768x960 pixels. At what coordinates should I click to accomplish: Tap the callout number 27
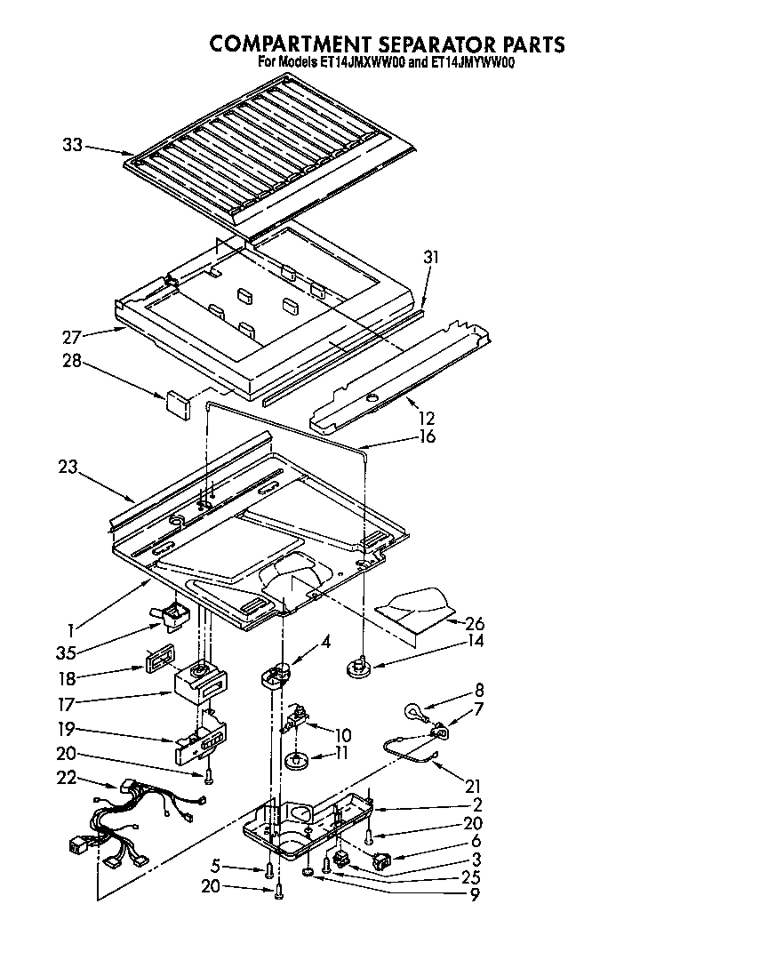tap(73, 338)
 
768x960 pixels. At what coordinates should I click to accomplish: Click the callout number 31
tap(431, 258)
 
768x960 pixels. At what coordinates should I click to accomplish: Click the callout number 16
tap(428, 436)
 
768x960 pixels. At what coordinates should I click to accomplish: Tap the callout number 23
tap(68, 466)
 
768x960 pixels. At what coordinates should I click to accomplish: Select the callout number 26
tap(476, 622)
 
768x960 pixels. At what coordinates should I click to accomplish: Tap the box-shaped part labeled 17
tap(199, 685)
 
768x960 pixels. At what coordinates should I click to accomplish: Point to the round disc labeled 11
tap(297, 761)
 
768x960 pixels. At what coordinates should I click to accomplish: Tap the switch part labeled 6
tap(383, 860)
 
